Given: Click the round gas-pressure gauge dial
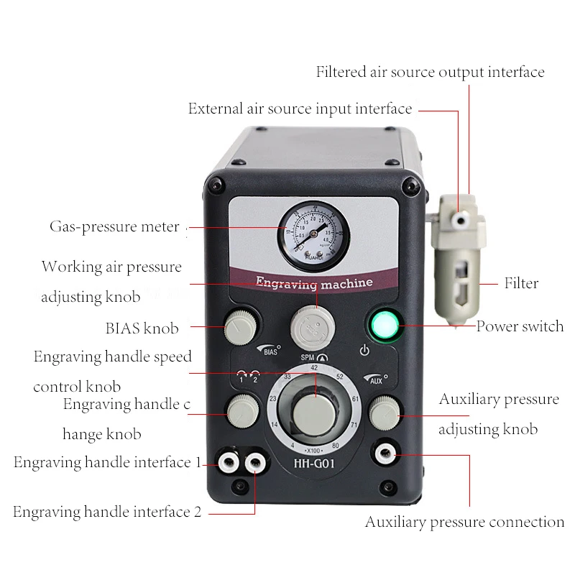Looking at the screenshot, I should (x=313, y=234).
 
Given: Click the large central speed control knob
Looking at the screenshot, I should (x=314, y=411).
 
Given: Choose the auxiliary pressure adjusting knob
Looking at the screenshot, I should (x=385, y=413).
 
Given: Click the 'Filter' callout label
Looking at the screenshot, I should (x=521, y=283).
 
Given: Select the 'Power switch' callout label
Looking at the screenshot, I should (x=520, y=326).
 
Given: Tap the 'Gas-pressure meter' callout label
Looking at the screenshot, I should (x=114, y=227).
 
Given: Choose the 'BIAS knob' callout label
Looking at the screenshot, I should (x=142, y=328).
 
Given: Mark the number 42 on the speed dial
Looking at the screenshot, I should (x=314, y=367).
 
